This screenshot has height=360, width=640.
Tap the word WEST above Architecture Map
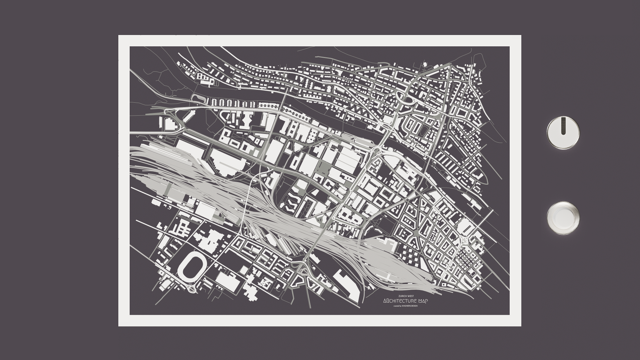pos(409,296)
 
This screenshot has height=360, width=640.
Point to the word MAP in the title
pos(423,301)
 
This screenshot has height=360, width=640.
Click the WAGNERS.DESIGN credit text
pos(410,306)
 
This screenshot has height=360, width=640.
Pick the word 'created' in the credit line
pos(397,306)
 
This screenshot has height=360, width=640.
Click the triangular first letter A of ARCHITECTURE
pos(385,301)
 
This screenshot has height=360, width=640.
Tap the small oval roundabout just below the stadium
pos(192,289)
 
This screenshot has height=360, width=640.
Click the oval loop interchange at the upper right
pos(404,97)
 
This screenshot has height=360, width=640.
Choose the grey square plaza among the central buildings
pos(322,167)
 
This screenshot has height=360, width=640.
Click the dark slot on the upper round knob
pos(563,126)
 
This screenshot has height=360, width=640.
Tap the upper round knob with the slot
pos(563,133)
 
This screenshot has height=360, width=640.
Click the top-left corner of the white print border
pos(119,36)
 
